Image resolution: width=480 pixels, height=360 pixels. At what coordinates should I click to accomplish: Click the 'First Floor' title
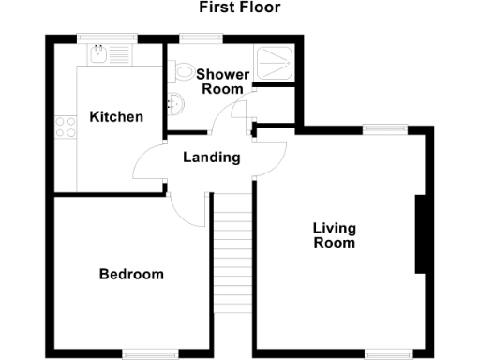click(x=239, y=8)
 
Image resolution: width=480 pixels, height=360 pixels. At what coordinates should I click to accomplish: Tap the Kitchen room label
click(x=116, y=117)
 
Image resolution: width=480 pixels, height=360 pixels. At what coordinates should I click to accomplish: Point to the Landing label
click(x=211, y=157)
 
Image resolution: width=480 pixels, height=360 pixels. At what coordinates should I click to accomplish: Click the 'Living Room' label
click(x=334, y=235)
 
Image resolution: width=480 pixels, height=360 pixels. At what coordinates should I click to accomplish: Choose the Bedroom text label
click(x=131, y=275)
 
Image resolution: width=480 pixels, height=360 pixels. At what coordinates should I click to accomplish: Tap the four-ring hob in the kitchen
click(x=66, y=126)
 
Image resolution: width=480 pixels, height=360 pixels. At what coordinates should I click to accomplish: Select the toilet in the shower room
click(x=184, y=71)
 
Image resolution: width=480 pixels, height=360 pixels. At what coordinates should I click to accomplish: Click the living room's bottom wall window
click(x=386, y=354)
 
